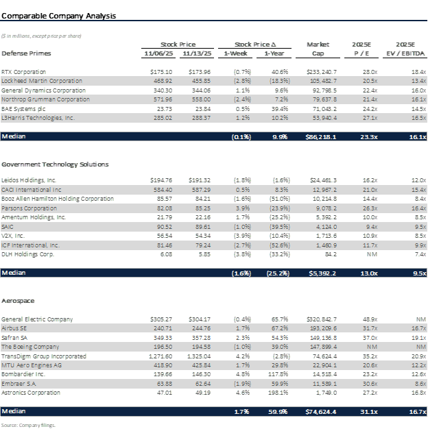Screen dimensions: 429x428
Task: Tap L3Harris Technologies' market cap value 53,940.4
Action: pos(322,118)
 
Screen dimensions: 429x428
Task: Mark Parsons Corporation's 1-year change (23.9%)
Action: pos(280,208)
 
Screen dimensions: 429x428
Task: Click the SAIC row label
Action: pos(8,227)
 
